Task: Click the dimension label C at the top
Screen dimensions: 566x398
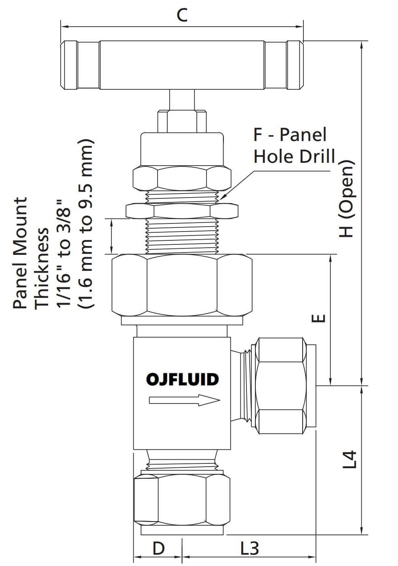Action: pos(182,15)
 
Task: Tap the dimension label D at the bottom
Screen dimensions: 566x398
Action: pos(158,548)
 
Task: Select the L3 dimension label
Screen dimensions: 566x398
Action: pos(249,548)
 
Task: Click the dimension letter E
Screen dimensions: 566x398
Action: pos(318,319)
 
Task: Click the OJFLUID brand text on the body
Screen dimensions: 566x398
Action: pos(182,379)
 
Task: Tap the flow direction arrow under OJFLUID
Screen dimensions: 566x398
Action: pos(184,400)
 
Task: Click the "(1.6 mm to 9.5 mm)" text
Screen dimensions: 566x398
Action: pos(86,224)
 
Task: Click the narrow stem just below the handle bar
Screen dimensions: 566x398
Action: pos(182,99)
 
